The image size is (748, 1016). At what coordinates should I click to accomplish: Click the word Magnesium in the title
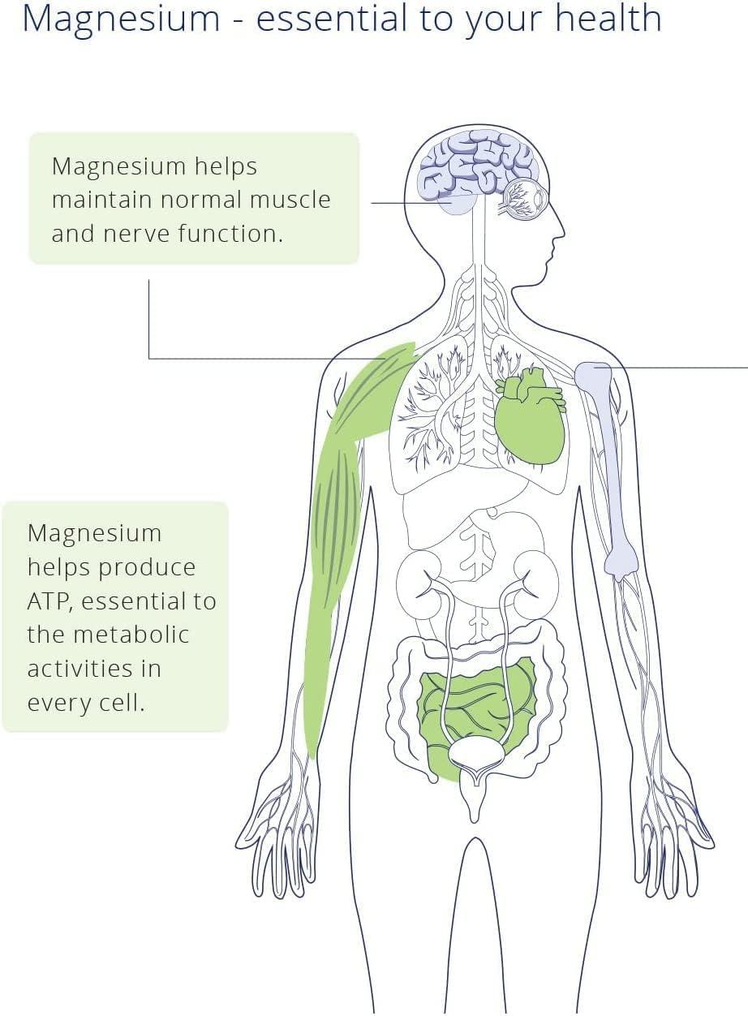coord(120,19)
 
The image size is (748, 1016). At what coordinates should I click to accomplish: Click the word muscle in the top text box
coord(290,200)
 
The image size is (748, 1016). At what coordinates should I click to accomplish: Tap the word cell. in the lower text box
coord(118,703)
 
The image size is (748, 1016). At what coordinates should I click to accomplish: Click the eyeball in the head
coord(524,198)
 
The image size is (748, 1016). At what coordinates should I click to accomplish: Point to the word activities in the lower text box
coord(93,669)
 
